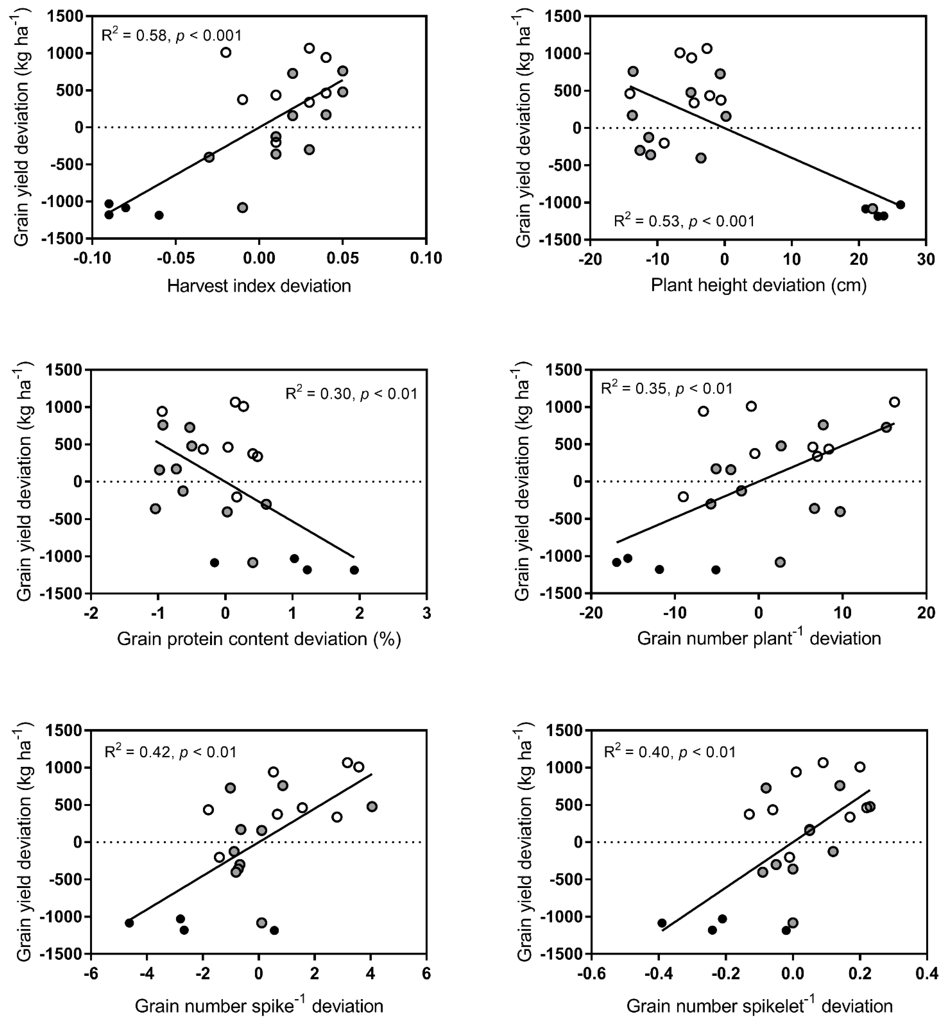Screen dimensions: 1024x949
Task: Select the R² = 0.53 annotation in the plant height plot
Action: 684,221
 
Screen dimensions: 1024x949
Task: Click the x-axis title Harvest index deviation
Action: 259,286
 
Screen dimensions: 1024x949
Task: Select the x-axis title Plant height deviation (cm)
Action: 758,285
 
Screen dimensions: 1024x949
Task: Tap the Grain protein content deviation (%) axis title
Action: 259,639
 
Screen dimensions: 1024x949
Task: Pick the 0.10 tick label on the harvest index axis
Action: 426,258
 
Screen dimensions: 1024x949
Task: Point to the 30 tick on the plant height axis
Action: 926,259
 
